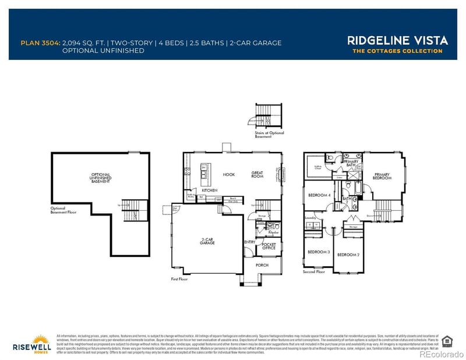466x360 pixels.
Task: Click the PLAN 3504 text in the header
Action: coord(40,43)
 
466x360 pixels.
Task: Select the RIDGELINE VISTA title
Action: coord(398,40)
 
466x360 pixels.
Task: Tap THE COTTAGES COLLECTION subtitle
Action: coord(398,51)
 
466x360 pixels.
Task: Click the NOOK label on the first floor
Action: coord(228,174)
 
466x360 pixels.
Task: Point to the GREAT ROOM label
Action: coord(257,174)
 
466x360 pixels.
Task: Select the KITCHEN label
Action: coord(210,190)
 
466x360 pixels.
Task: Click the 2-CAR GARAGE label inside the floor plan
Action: coord(208,241)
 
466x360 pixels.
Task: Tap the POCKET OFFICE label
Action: coord(269,246)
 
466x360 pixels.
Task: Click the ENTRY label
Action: coord(249,242)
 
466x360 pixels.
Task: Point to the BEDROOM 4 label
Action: coord(319,195)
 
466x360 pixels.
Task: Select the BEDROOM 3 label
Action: coord(319,252)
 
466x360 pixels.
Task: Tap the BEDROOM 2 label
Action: coord(348,255)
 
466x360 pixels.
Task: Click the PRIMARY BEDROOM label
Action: coord(382,175)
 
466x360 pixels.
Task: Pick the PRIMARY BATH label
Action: coord(351,164)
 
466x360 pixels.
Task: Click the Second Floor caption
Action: coord(314,271)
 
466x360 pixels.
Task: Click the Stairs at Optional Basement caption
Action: coord(269,134)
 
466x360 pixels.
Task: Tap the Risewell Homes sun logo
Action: coord(41,340)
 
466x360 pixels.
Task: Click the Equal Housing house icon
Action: coord(447,341)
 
